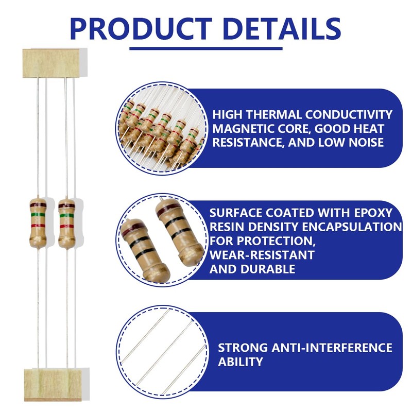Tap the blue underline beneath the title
point(206,48)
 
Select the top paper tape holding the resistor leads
point(51,63)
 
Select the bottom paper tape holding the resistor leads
point(53,384)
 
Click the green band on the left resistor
point(38,214)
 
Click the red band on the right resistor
point(66,226)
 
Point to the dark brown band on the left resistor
point(38,204)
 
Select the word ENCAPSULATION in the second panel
point(352,227)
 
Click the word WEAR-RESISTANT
point(262,255)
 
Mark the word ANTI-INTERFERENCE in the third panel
point(332,348)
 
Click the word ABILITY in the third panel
point(241,362)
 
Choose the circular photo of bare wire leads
point(162,352)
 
